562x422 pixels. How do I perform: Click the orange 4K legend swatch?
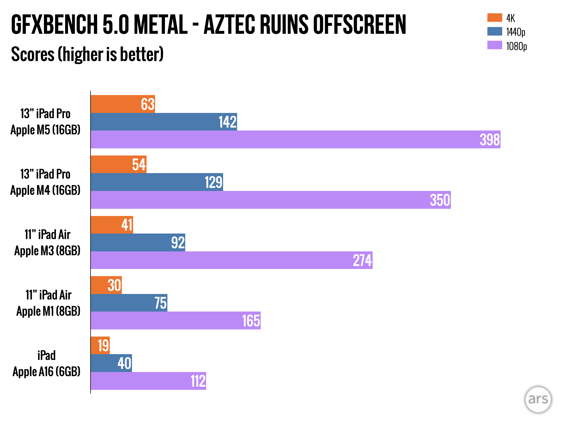pos(494,18)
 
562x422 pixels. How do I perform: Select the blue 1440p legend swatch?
pos(494,31)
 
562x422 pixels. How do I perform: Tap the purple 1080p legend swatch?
pos(494,45)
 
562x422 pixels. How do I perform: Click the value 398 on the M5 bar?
pos(490,140)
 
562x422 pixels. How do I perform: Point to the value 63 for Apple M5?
pos(148,104)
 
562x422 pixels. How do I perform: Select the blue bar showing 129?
pos(157,182)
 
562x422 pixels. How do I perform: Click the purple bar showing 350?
pos(271,200)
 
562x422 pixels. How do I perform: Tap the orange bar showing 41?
pos(112,225)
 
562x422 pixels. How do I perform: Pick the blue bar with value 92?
pos(138,242)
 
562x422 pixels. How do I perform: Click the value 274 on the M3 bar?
pos(362,260)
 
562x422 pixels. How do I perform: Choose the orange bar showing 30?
pos(106,285)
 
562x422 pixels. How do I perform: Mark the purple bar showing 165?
pos(176,320)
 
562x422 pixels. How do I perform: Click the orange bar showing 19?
pos(100,345)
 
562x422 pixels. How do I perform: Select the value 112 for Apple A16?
pos(198,381)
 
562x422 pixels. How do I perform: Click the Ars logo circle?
pos(538,399)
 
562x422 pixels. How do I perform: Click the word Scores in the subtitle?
pos(33,54)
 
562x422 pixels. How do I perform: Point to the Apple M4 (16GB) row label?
pos(45,190)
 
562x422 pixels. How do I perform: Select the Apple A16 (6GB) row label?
pos(46,371)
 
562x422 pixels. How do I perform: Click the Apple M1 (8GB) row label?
pos(48,311)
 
